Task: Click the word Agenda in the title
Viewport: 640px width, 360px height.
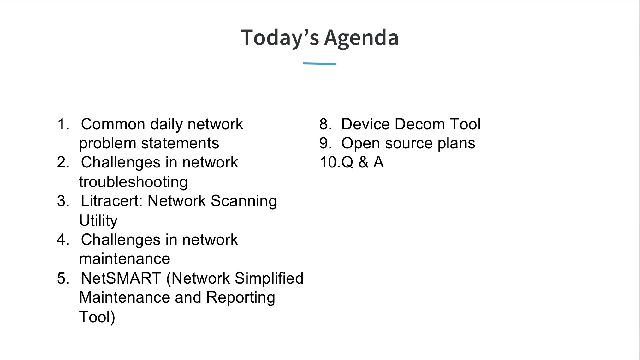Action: click(361, 37)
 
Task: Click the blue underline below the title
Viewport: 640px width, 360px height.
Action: click(319, 63)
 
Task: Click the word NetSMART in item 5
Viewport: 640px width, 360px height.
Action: click(121, 278)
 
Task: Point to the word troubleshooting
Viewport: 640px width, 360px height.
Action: click(133, 182)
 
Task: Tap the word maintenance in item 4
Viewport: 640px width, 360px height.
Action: click(124, 259)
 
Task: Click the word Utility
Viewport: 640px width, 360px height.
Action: click(98, 221)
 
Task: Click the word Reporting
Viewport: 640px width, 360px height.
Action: click(240, 297)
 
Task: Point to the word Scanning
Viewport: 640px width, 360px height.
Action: click(243, 201)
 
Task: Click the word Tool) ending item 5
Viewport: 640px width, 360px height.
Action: click(97, 317)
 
